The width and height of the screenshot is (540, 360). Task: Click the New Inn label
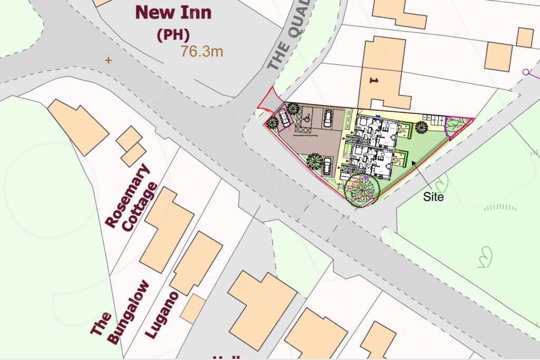pyautogui.click(x=173, y=12)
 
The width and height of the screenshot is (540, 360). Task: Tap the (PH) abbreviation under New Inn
pyautogui.click(x=173, y=35)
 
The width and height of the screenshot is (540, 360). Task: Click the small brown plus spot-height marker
pyautogui.click(x=109, y=60)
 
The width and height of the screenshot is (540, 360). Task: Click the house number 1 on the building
pyautogui.click(x=375, y=81)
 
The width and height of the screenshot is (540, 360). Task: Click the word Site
pyautogui.click(x=433, y=197)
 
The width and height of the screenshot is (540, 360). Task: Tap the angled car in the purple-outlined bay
pyautogui.click(x=285, y=118)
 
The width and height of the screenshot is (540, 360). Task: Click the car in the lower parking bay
pyautogui.click(x=327, y=166)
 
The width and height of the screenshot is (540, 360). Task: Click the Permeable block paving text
pyautogui.click(x=307, y=135)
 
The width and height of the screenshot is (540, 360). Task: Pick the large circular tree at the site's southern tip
pyautogui.click(x=361, y=190)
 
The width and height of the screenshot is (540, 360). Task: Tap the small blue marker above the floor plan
pyautogui.click(x=378, y=113)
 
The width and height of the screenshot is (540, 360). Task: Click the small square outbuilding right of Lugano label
pyautogui.click(x=193, y=309)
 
